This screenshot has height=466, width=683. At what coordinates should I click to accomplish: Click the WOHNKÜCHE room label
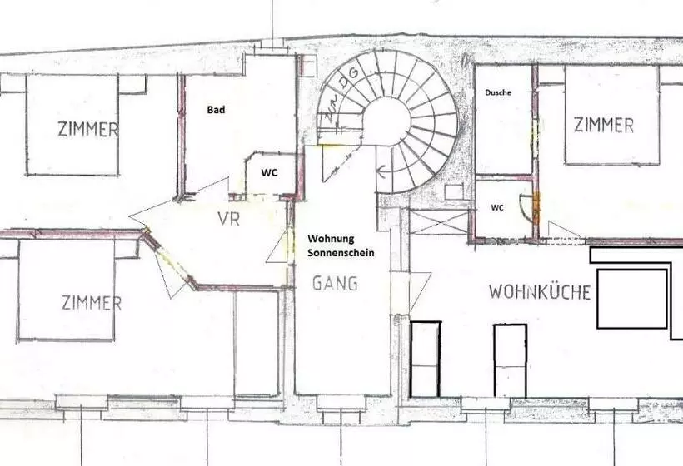pos(540,291)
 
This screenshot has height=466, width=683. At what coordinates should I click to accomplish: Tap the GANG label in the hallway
pos(335,283)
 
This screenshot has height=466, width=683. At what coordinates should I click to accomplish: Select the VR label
pos(229,219)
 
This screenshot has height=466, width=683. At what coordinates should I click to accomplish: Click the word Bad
pos(216,110)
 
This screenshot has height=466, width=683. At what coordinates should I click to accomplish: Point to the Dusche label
pos(498,92)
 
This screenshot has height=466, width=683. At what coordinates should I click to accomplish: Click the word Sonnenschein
pos(341,253)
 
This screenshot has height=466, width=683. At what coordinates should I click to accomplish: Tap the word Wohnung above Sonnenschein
pos(331,239)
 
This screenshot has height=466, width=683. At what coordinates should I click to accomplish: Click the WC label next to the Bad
pos(269,173)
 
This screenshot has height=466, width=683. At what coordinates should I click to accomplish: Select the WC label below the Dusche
pos(497,207)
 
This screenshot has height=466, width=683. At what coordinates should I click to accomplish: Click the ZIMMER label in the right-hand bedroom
pos(603,125)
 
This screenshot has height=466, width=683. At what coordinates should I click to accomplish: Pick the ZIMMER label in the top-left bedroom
pos(87,129)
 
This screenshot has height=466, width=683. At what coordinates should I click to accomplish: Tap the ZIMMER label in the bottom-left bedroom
pos(92,302)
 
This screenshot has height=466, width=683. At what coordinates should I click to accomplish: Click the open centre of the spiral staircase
pos(386,121)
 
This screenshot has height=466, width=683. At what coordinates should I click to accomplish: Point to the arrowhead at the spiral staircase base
pos(381,171)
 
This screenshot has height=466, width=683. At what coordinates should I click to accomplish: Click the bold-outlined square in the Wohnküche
pos(631,299)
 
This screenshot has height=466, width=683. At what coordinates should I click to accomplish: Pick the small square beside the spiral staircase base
pos(455,191)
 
